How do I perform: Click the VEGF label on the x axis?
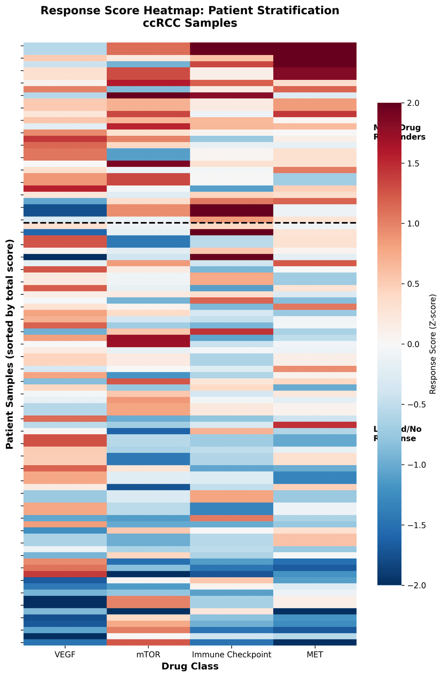pos(65,655)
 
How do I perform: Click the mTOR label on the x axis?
pos(148,655)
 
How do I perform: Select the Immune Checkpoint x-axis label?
pos(231,655)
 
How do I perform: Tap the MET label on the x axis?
pos(315,655)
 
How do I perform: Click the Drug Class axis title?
pos(190,666)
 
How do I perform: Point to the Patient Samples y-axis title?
pos(9,344)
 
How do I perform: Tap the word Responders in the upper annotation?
pos(399,137)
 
